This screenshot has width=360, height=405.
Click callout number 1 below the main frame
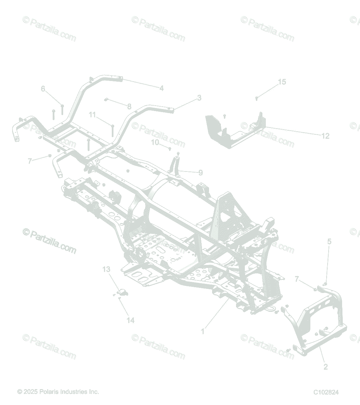click(x=203, y=331)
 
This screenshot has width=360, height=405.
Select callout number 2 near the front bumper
click(x=326, y=367)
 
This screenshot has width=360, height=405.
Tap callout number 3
click(x=199, y=98)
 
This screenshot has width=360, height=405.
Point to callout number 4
click(x=161, y=88)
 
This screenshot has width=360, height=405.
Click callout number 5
click(x=329, y=242)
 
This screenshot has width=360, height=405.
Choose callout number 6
click(x=43, y=89)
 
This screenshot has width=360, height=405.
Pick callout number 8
click(x=129, y=107)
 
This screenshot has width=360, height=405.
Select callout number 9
click(x=201, y=173)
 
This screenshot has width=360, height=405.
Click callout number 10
click(x=155, y=142)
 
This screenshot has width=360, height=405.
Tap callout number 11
click(x=93, y=115)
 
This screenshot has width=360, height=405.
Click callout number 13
click(x=106, y=269)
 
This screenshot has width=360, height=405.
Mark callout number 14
click(x=130, y=320)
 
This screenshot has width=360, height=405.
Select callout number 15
click(x=282, y=82)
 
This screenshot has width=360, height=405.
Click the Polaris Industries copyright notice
click(x=58, y=392)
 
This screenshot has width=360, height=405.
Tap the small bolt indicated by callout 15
click(x=256, y=98)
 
